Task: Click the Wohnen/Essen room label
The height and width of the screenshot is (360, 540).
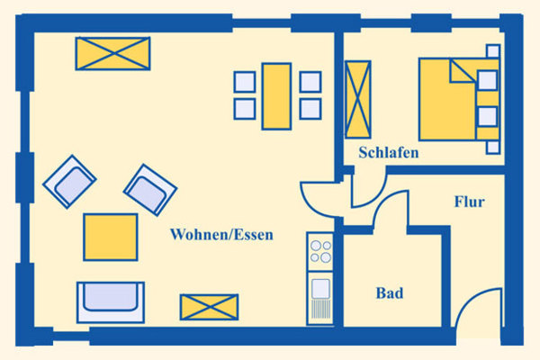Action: coord(221,235)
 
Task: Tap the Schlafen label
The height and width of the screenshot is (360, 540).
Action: coord(389,152)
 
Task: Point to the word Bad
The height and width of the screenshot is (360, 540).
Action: coord(390,293)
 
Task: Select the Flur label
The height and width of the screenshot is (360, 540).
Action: coord(470,202)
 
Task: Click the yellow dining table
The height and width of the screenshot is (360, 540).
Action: coord(276,96)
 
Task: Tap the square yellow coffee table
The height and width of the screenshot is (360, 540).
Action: coord(111,237)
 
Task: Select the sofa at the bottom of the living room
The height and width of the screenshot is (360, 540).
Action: coord(111,302)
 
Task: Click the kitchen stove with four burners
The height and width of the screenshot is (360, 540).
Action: coord(320,252)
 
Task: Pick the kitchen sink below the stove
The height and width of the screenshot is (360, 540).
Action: coord(320,298)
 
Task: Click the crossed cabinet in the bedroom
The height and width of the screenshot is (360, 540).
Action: coord(358,100)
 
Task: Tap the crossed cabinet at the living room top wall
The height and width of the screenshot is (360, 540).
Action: coord(113,53)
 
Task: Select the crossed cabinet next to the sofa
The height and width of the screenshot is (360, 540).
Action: coord(210,307)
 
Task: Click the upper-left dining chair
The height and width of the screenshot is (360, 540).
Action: coord(245,82)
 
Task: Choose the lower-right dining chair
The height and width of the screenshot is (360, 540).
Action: coord(310,109)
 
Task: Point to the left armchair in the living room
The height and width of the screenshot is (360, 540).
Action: coord(69,182)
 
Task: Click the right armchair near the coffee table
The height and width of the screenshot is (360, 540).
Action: coord(150,190)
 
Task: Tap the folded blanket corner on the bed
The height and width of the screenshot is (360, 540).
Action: coord(463,71)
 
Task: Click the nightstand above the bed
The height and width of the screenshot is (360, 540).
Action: coord(493,51)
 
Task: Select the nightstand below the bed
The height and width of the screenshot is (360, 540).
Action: coord(493,148)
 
